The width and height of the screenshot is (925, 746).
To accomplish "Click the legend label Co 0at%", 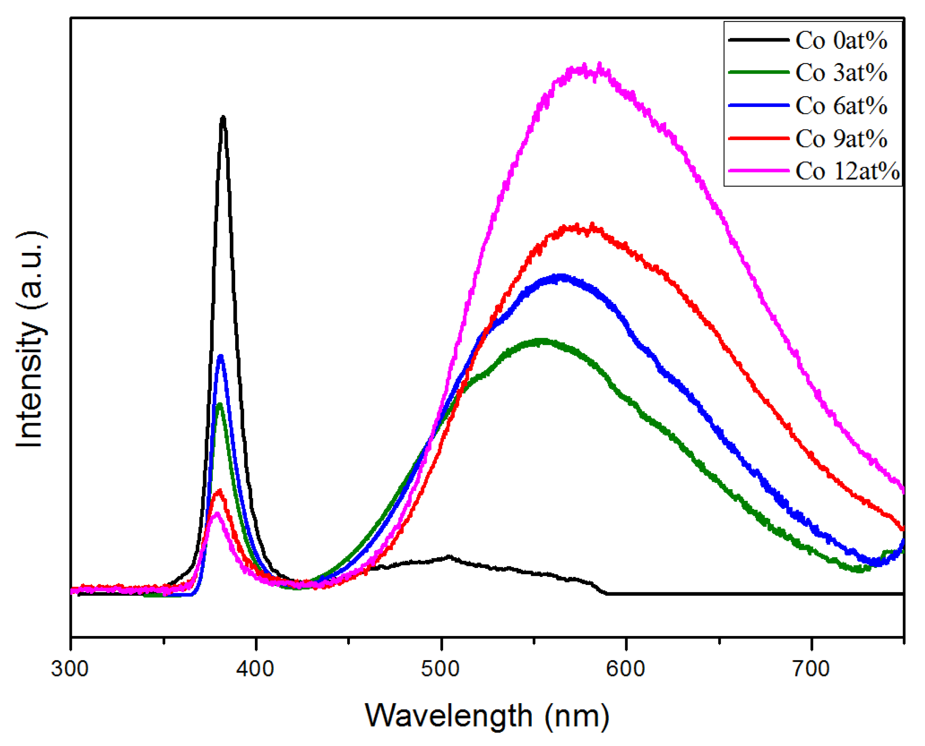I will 841,41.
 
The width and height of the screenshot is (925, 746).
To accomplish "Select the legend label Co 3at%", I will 841,73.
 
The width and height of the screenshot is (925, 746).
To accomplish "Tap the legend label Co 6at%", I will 841,106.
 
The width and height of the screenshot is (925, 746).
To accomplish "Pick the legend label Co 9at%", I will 841,139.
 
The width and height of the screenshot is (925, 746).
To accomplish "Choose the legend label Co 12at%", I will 847,171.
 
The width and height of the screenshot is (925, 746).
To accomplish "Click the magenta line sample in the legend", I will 759,171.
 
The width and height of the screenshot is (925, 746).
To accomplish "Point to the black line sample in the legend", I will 759,39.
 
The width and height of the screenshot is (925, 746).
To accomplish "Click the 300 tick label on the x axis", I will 70,669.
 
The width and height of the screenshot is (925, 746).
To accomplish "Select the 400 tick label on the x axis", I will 255,669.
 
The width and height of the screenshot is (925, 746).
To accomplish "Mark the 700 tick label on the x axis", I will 811,669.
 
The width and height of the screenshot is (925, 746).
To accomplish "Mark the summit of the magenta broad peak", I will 585,68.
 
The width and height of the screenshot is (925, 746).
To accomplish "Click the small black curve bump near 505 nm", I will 449,557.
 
